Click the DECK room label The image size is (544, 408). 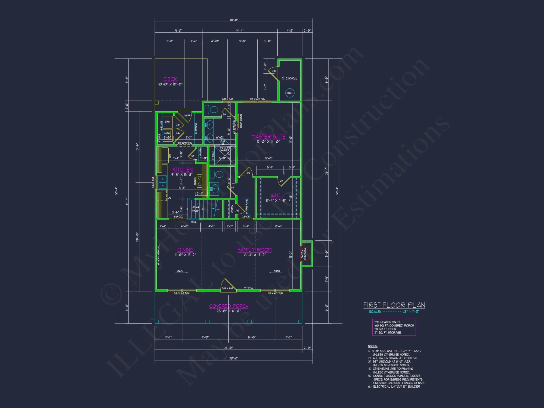171,79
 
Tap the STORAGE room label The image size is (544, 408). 289,78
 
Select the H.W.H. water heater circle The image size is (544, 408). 290,93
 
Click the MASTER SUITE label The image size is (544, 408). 268,137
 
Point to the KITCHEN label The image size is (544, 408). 183,169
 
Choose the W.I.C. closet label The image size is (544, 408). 276,196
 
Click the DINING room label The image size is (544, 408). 185,250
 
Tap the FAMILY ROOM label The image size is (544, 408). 254,250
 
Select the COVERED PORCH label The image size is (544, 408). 229,306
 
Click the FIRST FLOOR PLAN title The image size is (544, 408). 394,305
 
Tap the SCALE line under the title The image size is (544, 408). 394,312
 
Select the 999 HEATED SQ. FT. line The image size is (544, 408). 387,322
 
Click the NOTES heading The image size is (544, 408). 373,346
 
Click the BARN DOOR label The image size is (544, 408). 241,121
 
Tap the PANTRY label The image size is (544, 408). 201,151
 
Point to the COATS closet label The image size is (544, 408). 232,209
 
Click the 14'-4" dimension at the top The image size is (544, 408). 240,30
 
